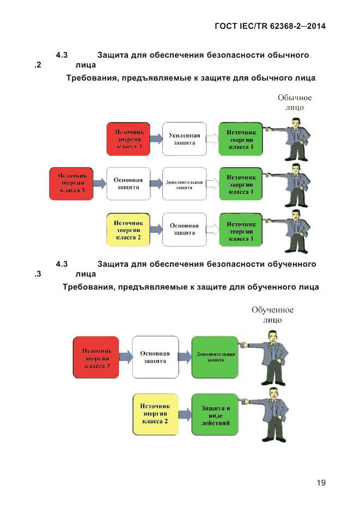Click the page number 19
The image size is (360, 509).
[x=321, y=483]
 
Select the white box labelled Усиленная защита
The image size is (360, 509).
[x=185, y=139]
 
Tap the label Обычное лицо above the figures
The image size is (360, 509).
[x=295, y=102]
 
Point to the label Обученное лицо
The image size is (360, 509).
[x=272, y=315]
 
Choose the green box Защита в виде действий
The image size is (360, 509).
[x=215, y=415]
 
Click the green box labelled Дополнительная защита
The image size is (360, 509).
[x=215, y=357]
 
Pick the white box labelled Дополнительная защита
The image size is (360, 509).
[x=184, y=185]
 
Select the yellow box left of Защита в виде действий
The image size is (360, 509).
[x=156, y=415]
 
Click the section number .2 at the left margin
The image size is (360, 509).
[x=38, y=65]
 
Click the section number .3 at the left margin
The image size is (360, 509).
[x=38, y=274]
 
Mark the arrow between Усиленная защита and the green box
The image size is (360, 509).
[x=212, y=139]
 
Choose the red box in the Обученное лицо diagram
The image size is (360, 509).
[x=96, y=357]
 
